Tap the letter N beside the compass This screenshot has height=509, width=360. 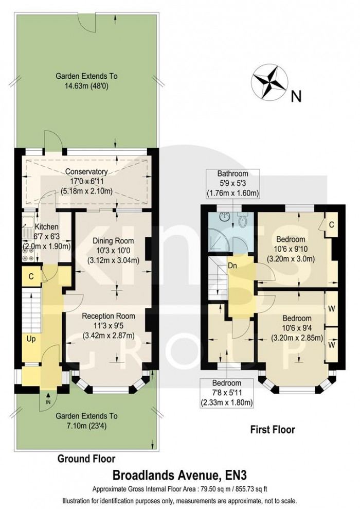pyautogui.click(x=296, y=96)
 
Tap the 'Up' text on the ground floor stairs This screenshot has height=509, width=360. pyautogui.click(x=31, y=339)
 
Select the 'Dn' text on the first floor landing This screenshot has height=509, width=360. pyautogui.click(x=233, y=266)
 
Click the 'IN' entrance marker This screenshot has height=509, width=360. pyautogui.click(x=48, y=401)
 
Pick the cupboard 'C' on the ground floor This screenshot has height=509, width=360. pyautogui.click(x=31, y=276)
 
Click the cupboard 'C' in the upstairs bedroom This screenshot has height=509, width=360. pyautogui.click(x=332, y=224)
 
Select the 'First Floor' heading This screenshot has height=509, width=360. pyautogui.click(x=273, y=429)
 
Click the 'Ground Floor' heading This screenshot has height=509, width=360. pyautogui.click(x=86, y=458)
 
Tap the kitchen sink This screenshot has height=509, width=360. pyautogui.click(x=26, y=225)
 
